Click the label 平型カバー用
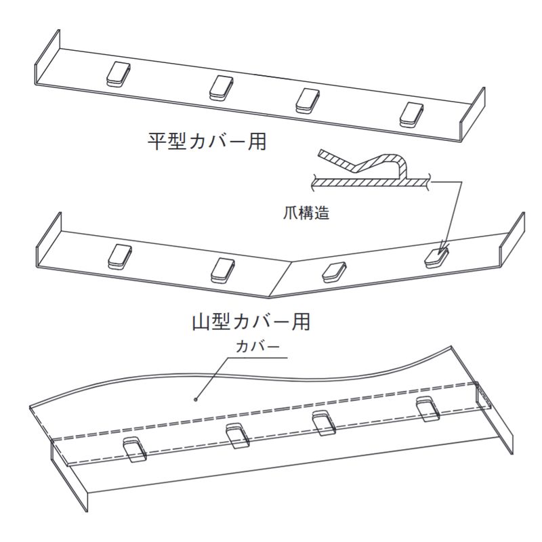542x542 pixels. point(207,141)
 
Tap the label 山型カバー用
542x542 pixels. point(251,321)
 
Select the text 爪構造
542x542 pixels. point(306,213)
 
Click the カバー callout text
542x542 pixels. point(257,346)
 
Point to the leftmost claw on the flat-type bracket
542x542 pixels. point(118,74)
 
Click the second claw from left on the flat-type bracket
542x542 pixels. point(222,88)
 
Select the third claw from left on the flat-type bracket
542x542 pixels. point(308,100)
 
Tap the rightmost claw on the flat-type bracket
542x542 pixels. point(412,114)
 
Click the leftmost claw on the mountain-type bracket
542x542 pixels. point(119,256)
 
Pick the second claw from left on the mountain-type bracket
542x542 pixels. point(222,270)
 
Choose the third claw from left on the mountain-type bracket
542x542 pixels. point(334,272)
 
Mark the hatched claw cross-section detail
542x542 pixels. point(371,170)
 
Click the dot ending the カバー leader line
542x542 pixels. point(196,399)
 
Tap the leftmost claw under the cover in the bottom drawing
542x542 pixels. point(134,449)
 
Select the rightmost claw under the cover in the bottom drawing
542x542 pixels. point(428,409)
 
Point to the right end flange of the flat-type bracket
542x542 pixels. point(472,114)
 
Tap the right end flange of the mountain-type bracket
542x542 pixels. point(512,239)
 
